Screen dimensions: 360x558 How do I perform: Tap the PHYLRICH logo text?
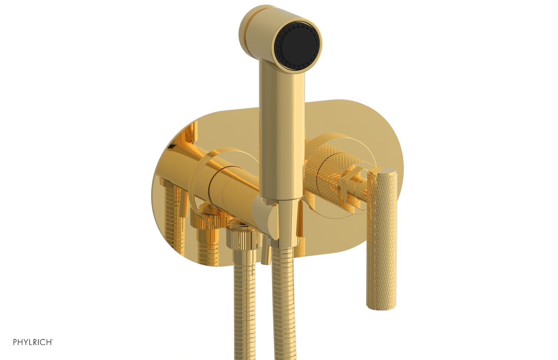(32, 342)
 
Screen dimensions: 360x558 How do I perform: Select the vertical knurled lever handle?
(381, 237)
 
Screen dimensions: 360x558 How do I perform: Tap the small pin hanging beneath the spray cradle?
(266, 255)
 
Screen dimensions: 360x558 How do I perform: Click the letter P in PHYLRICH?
(15, 342)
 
